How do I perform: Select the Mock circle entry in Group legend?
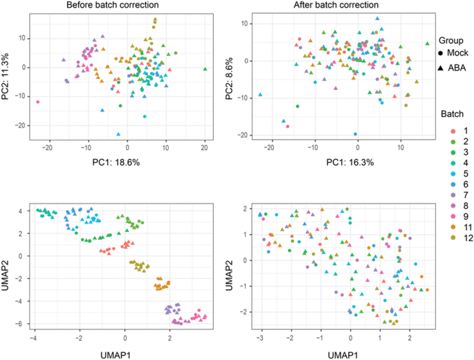[443, 53]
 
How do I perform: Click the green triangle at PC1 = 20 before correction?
[205, 69]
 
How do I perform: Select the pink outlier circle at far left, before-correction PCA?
[38, 102]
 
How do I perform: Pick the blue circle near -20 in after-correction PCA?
[356, 134]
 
